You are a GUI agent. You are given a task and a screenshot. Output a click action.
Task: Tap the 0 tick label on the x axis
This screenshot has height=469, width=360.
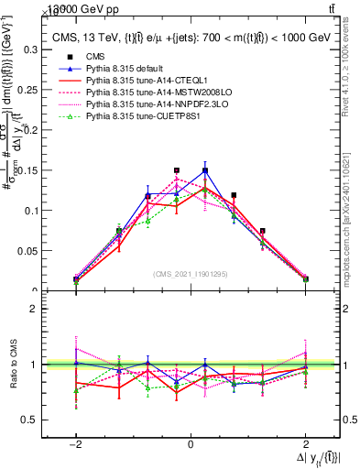click(x=191, y=444)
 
